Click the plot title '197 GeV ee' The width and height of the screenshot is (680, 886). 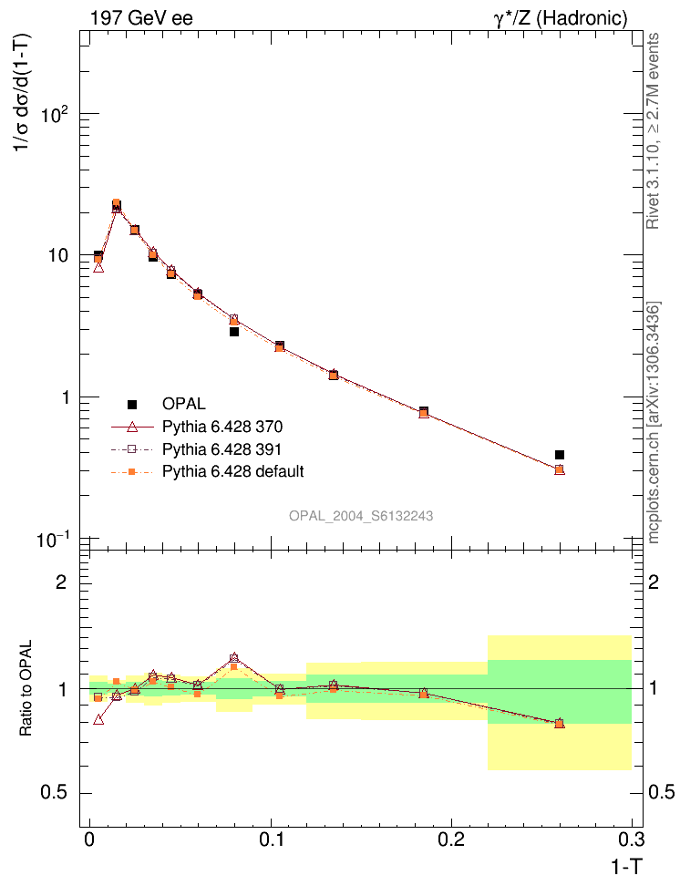[141, 17]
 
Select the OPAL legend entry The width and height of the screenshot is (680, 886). [183, 404]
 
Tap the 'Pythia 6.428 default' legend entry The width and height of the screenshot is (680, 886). [232, 471]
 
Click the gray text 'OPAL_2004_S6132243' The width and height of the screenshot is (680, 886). [361, 516]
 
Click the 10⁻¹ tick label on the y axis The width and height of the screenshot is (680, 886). [58, 540]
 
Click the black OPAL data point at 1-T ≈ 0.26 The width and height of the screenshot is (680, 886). [560, 455]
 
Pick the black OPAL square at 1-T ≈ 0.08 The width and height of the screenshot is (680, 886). [234, 332]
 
